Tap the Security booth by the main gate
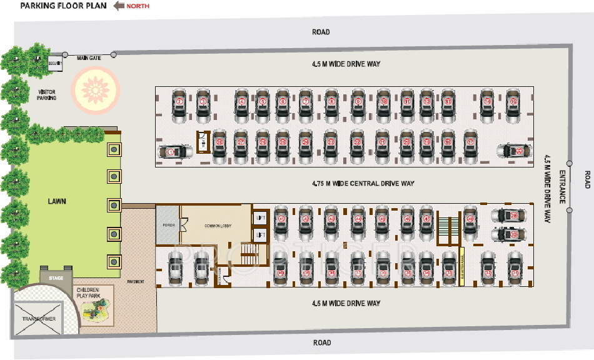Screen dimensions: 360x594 click(x=54, y=63)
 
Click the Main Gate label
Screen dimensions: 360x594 click(x=89, y=58)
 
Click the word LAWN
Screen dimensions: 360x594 click(x=58, y=201)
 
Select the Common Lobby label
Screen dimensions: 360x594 click(x=218, y=224)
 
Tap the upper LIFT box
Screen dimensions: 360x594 click(x=261, y=217)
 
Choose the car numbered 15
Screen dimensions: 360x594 click(x=513, y=103)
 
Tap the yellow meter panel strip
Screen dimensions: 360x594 click(x=461, y=266)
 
